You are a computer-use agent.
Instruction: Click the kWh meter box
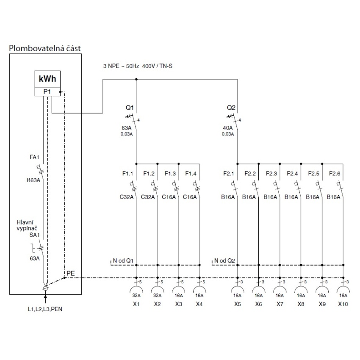[x=47, y=79]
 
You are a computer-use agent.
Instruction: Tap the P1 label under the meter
[x=47, y=91]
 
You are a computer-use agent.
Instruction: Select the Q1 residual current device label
[x=130, y=108]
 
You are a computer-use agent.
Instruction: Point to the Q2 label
[x=231, y=108]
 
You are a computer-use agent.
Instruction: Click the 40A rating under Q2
[x=227, y=128]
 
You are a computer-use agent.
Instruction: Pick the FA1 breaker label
[x=34, y=157]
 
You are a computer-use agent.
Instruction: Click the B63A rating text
[x=33, y=180]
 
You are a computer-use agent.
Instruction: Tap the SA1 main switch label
[x=34, y=235]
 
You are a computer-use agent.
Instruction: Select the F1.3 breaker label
[x=170, y=174]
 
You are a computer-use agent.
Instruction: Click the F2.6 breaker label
[x=335, y=174]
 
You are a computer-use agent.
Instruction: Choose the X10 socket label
[x=343, y=304]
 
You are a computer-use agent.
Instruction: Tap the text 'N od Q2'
[x=224, y=260]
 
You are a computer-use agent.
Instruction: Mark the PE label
[x=71, y=273]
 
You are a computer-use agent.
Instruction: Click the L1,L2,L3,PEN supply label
[x=45, y=309]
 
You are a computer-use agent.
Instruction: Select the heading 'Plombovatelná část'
[x=45, y=48]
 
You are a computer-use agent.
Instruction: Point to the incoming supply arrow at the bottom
[x=45, y=299]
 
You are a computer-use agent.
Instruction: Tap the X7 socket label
[x=280, y=304]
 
